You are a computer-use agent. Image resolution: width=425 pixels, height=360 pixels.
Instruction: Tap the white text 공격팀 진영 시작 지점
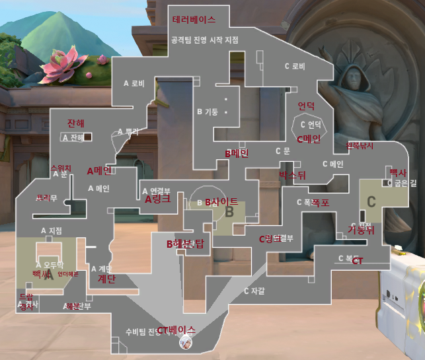click(204, 40)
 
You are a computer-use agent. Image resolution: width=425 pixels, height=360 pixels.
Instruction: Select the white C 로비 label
click(295, 66)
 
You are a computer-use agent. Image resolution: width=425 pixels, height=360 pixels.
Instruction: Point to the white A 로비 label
click(134, 83)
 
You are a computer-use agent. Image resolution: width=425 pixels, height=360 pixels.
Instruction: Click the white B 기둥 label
click(208, 111)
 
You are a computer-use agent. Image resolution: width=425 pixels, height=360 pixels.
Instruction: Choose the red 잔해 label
click(76, 124)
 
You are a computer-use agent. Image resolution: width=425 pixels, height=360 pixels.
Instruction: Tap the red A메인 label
click(100, 170)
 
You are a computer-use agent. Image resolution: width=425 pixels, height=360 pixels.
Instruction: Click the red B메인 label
click(237, 154)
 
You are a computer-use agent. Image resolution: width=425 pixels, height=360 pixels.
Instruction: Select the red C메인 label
click(308, 139)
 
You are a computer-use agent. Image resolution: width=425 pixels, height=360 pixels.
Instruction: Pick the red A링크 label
click(157, 198)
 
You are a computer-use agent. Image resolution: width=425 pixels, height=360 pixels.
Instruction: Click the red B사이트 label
click(221, 201)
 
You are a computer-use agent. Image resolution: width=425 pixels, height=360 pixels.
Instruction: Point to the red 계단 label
click(107, 279)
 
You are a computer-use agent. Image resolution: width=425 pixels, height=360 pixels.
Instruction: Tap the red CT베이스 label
click(176, 329)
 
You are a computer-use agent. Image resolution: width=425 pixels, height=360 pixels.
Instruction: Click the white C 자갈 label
click(254, 291)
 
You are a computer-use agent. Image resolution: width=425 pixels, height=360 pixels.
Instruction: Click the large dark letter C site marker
click(371, 201)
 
